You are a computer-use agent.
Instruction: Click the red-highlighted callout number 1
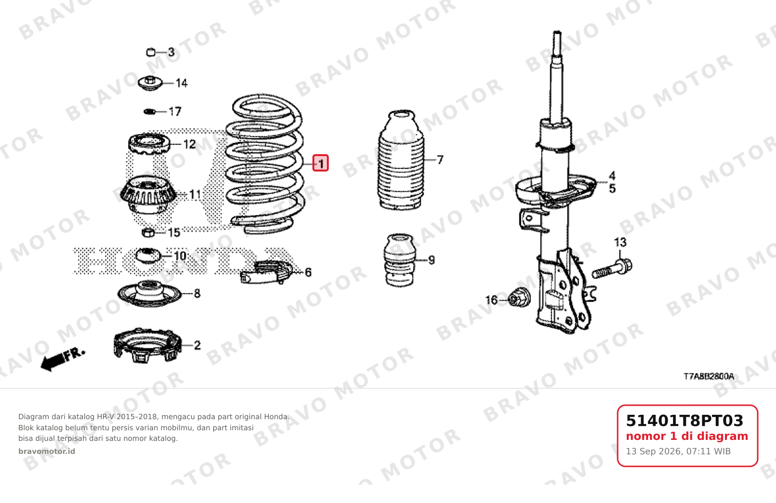click(321, 163)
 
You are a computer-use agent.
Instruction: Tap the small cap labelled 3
click(151, 53)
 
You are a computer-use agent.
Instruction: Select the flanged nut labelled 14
click(150, 83)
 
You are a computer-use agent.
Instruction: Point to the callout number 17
click(175, 112)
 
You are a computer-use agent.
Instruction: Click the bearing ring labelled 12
click(149, 144)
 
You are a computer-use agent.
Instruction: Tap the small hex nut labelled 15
click(148, 233)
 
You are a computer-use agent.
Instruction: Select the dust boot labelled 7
click(401, 160)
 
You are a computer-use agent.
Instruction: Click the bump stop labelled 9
click(400, 260)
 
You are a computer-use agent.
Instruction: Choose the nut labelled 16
click(518, 297)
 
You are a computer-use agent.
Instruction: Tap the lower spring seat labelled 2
click(148, 345)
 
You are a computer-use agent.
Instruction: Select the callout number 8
click(197, 293)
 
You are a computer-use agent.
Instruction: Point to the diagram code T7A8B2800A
click(709, 376)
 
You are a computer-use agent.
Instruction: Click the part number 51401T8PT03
click(685, 421)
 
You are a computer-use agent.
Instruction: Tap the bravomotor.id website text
click(47, 451)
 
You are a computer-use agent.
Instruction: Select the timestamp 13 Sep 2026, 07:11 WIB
click(678, 451)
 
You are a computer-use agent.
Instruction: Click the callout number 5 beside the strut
click(612, 189)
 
